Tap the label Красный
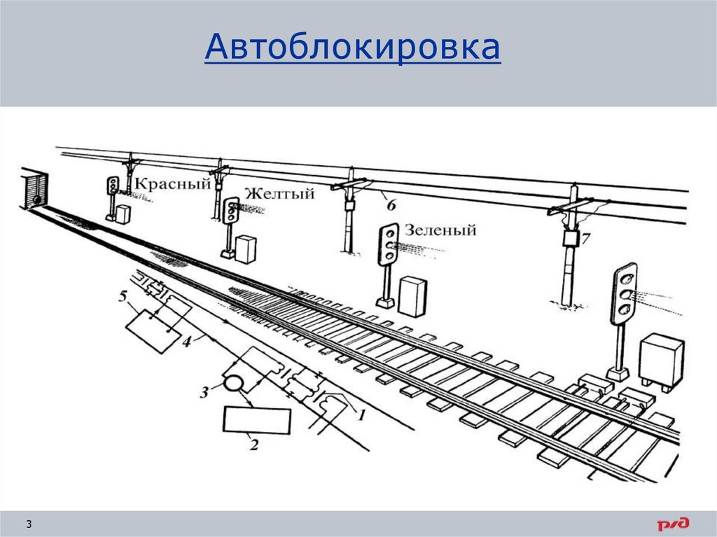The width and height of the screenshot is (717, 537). click(x=172, y=184)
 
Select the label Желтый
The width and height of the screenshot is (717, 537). click(x=279, y=194)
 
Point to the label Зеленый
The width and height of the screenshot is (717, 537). click(x=440, y=230)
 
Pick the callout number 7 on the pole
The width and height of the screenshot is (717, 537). click(x=585, y=238)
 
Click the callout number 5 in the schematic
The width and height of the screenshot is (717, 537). click(x=123, y=296)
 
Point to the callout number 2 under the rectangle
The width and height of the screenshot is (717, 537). click(x=254, y=444)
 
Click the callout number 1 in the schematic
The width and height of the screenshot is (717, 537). click(x=361, y=414)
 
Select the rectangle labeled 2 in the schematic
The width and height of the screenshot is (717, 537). click(x=257, y=420)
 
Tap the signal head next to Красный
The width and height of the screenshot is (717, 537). click(x=112, y=185)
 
